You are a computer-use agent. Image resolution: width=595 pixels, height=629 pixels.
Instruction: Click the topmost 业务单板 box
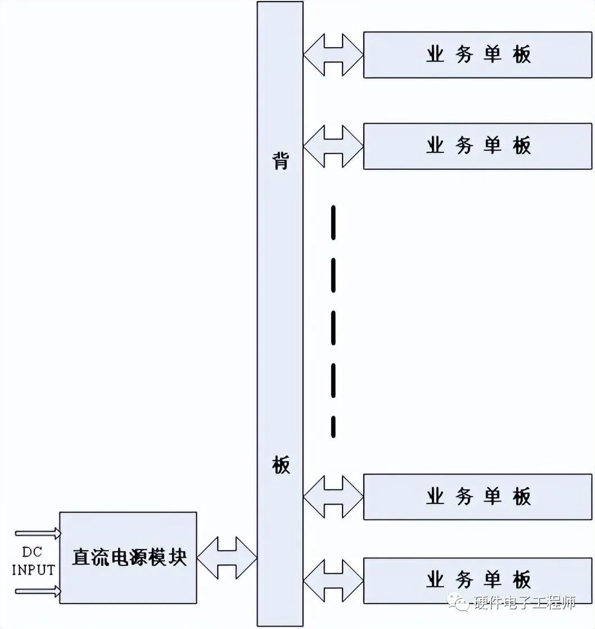(477, 55)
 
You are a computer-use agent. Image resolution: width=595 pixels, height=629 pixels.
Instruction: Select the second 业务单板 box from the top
(477, 146)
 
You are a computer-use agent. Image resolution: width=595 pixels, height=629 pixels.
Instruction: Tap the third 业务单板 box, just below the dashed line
(477, 496)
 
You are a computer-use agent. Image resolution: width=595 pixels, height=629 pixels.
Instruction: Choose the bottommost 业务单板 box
(477, 580)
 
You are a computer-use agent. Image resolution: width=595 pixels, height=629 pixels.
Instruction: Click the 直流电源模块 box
(128, 558)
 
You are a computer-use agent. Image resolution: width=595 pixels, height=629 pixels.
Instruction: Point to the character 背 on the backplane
(280, 160)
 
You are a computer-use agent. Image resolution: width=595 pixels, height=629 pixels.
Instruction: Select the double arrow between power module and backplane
(227, 558)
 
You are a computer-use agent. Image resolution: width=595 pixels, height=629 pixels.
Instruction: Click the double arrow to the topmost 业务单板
(333, 55)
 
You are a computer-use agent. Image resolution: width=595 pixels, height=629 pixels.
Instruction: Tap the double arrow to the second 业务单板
(333, 146)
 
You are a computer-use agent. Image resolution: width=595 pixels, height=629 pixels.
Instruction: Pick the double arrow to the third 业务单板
(333, 496)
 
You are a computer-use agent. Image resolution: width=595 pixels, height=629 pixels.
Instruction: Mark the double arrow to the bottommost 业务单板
(333, 580)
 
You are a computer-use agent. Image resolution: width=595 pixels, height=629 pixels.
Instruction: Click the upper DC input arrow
(38, 533)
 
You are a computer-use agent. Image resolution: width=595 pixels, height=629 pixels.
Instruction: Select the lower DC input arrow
(38, 591)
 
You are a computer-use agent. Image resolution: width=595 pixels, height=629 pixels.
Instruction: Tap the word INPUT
(33, 569)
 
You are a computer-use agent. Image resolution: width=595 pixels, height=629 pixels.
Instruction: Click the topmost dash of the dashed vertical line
(333, 222)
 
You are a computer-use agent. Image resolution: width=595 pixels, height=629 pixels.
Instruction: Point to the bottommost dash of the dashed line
(333, 427)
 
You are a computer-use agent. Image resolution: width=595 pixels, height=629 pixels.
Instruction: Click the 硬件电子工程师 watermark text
(524, 603)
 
